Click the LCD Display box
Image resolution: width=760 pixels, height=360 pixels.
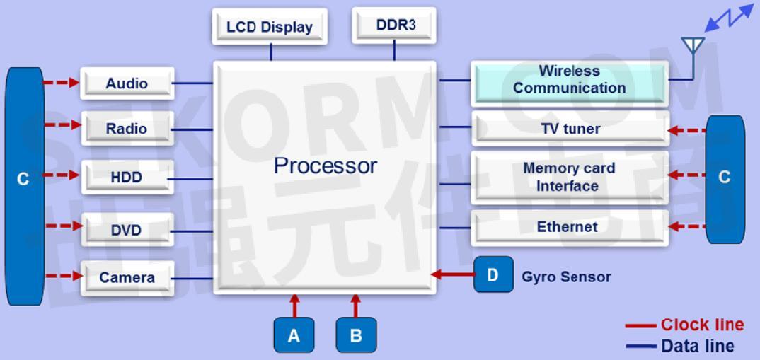270,27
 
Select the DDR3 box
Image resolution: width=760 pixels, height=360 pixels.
394,25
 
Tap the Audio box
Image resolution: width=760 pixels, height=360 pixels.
127,83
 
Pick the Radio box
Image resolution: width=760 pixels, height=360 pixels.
127,129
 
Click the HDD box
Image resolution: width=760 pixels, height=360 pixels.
127,177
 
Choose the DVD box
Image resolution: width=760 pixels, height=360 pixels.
127,230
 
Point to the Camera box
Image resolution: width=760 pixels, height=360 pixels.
127,277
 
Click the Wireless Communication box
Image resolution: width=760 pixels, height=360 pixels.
570,80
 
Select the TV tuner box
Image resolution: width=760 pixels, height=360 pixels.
570,129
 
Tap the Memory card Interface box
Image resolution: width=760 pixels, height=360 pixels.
570,177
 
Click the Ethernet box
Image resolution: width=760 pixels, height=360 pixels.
570,227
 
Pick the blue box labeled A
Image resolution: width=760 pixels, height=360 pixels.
294,335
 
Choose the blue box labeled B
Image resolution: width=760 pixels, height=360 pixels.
356,335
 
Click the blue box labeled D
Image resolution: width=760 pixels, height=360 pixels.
493,274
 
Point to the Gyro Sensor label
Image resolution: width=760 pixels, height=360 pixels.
566,277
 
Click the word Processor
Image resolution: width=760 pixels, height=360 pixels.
326,166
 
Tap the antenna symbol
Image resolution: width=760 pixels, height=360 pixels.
693,47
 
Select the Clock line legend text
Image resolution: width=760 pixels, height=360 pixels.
702,325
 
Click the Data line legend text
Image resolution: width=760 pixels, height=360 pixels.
697,346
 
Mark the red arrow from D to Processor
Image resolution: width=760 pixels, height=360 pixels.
453,274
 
